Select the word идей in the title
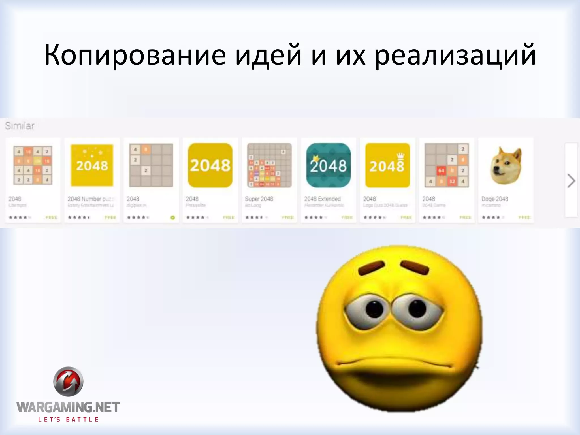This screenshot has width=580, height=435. pyautogui.click(x=268, y=55)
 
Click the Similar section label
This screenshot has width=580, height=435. pyautogui.click(x=20, y=126)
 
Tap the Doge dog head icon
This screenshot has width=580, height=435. pyautogui.click(x=506, y=165)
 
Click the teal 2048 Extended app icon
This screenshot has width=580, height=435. pyautogui.click(x=328, y=165)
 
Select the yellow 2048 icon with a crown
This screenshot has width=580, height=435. pyautogui.click(x=387, y=165)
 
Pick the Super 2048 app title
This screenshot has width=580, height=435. pyautogui.click(x=259, y=199)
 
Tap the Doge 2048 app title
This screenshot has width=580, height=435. pyautogui.click(x=495, y=199)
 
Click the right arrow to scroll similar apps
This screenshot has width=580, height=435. pyautogui.click(x=571, y=181)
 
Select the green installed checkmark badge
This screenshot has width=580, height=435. pyautogui.click(x=173, y=217)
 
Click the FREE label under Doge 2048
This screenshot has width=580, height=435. pyautogui.click(x=524, y=217)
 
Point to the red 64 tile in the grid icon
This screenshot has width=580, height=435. pyautogui.click(x=441, y=171)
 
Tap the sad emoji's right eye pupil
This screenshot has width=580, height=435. pyautogui.click(x=417, y=308)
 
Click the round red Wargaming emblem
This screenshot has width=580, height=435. pyautogui.click(x=68, y=381)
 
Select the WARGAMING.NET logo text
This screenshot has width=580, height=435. pyautogui.click(x=68, y=407)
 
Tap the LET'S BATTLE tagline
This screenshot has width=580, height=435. pyautogui.click(x=68, y=419)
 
